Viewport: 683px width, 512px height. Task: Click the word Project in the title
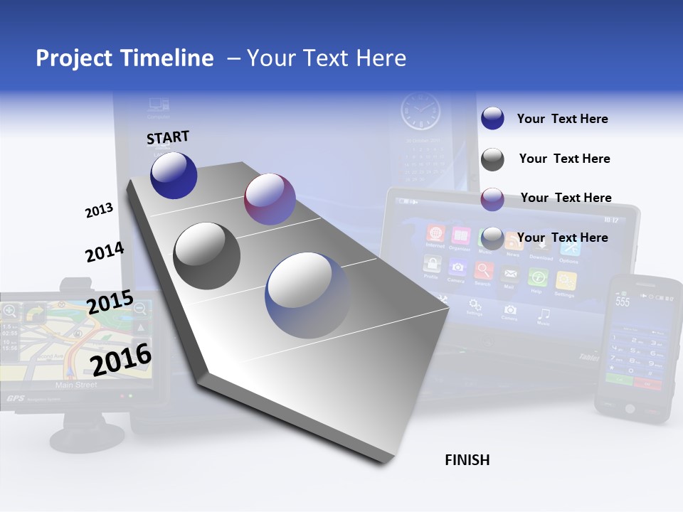(73, 58)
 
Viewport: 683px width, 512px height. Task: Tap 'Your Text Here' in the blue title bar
(327, 58)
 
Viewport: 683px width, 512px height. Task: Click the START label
(168, 137)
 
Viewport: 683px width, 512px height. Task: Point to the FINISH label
(467, 460)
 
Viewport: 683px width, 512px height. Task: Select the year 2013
(99, 210)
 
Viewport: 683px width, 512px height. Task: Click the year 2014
(105, 252)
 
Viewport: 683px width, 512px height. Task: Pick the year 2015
(110, 302)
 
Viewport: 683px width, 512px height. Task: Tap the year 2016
(121, 360)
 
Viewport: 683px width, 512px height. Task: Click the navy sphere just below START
(174, 176)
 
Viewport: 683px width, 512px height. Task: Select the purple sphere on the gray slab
(270, 199)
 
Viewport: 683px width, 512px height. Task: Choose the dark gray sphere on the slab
(207, 256)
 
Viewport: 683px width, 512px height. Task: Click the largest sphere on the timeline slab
(308, 295)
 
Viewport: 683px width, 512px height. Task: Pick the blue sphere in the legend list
(492, 119)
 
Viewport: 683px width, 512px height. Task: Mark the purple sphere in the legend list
(492, 199)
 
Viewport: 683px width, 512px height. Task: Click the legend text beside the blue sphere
(562, 119)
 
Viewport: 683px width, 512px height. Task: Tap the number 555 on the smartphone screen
(623, 302)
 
